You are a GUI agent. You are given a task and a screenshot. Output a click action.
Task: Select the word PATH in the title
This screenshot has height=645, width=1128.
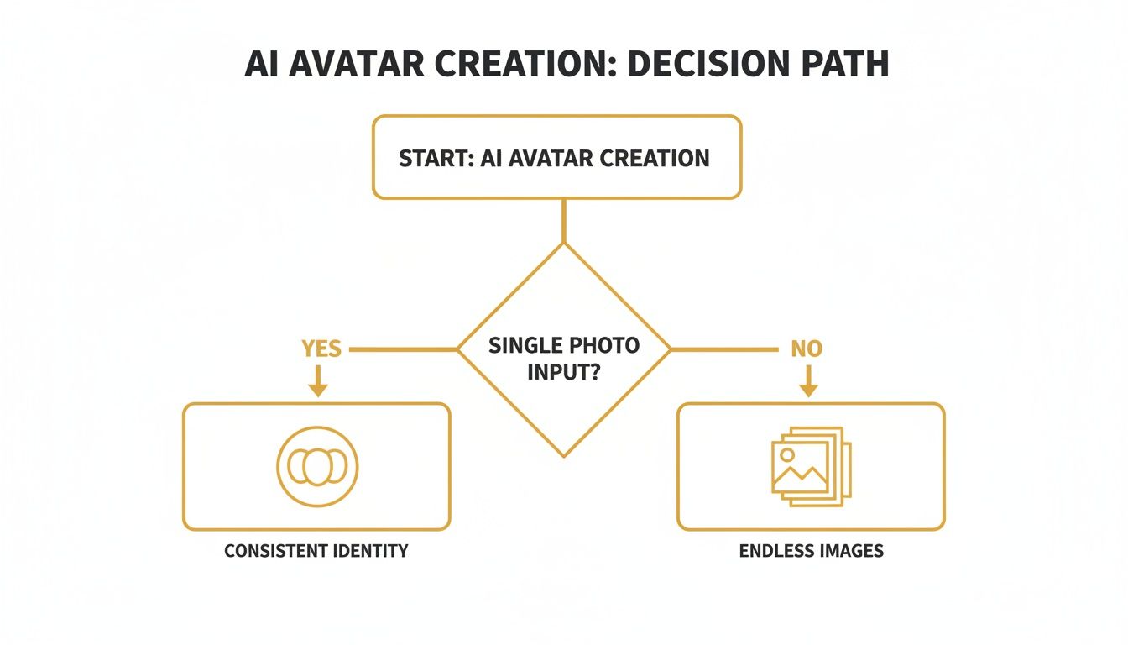pos(840,64)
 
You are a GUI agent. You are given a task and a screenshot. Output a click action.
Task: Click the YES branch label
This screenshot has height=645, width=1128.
pos(321,348)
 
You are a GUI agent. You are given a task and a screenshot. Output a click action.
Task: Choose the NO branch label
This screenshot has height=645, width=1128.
pos(807,348)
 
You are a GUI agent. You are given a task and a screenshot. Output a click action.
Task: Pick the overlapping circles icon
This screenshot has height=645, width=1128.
pos(317,467)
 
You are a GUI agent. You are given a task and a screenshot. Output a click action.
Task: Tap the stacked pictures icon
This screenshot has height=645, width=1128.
pos(810,467)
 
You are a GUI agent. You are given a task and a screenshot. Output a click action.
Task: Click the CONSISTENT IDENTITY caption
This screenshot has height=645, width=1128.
pos(316,551)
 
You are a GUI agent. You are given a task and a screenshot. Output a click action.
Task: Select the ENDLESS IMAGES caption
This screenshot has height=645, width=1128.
pos(811,551)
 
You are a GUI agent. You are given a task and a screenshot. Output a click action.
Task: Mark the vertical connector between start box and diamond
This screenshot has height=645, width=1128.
pos(564,220)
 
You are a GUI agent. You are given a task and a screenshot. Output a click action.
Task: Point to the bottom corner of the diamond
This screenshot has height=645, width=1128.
pos(564,454)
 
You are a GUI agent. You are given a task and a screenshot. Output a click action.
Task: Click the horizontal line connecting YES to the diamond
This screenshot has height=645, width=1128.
pos(403,349)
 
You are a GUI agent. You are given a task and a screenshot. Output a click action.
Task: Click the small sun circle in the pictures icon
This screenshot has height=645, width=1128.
pos(787,454)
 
